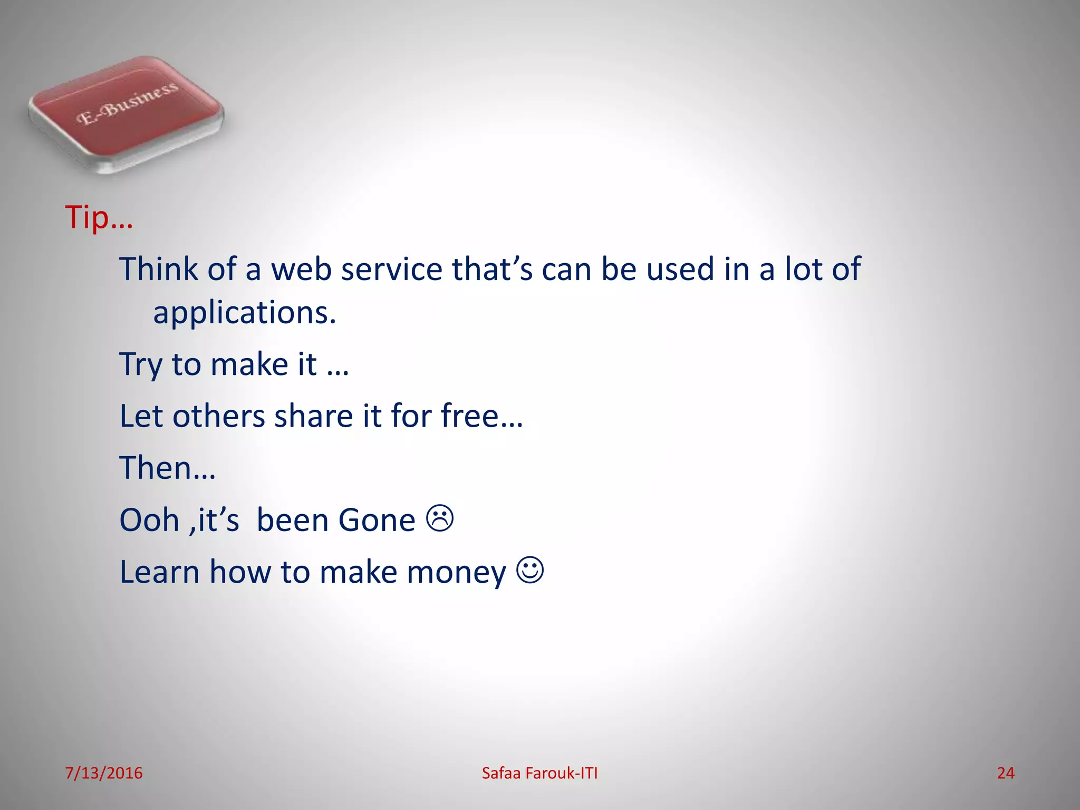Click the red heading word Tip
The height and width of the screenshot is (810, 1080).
[x=87, y=217]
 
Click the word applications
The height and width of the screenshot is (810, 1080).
[x=244, y=313]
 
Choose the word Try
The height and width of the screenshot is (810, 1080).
[x=141, y=365]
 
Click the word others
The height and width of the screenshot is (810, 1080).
[x=218, y=416]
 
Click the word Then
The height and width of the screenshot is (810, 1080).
[x=155, y=468]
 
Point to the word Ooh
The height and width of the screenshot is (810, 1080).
[x=149, y=520]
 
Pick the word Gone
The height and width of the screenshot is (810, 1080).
[x=377, y=520]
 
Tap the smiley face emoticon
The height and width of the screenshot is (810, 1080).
[x=530, y=570]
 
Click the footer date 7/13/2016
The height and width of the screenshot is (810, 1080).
[x=104, y=773]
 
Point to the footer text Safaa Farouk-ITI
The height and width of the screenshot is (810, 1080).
[x=539, y=773]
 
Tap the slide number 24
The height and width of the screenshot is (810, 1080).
[x=1005, y=773]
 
